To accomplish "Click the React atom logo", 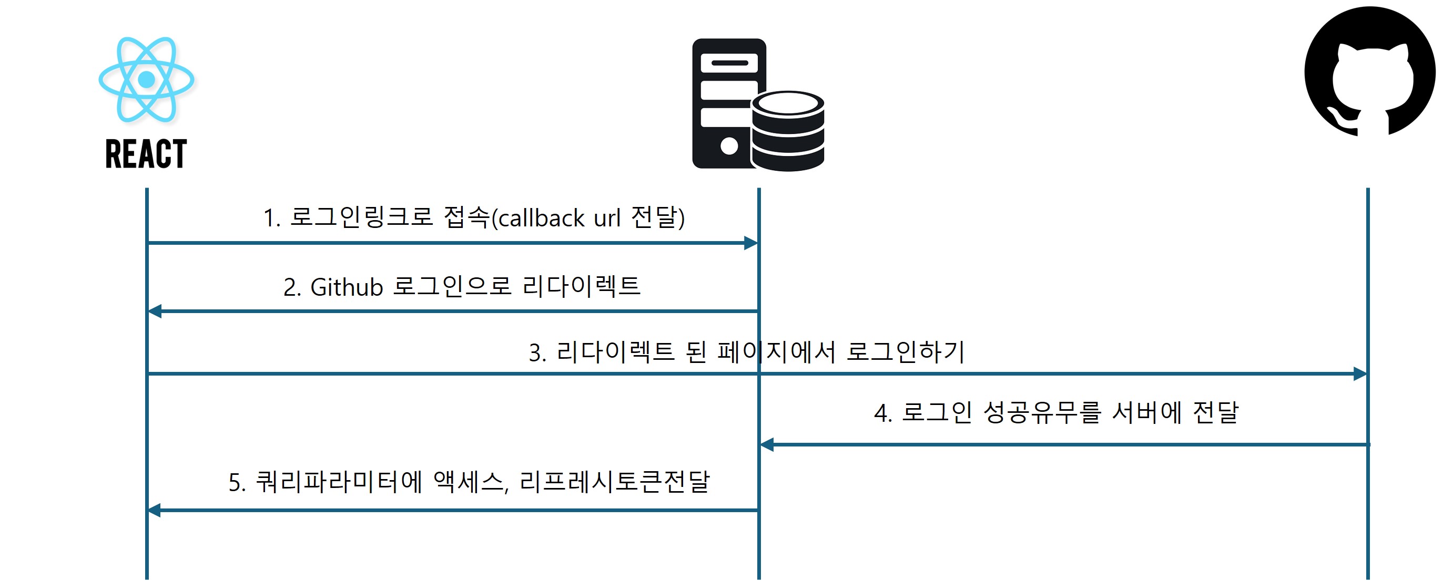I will [x=146, y=79].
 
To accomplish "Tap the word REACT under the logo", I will [x=146, y=154].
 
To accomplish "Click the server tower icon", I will [x=728, y=103].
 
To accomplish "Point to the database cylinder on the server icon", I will [x=788, y=132].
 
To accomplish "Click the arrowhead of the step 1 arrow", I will [x=751, y=243].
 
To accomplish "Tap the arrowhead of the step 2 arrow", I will [x=155, y=311].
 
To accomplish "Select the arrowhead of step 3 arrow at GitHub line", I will [x=1360, y=374].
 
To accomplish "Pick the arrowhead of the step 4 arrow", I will [x=767, y=445].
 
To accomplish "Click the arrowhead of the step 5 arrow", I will [x=154, y=511].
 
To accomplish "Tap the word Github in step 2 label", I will [x=346, y=287].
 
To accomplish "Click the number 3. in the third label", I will [x=537, y=353].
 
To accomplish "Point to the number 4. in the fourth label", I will [x=883, y=413].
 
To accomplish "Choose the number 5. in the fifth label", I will [x=237, y=483].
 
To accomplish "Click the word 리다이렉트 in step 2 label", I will [x=581, y=286].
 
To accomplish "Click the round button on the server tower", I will [x=729, y=146].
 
